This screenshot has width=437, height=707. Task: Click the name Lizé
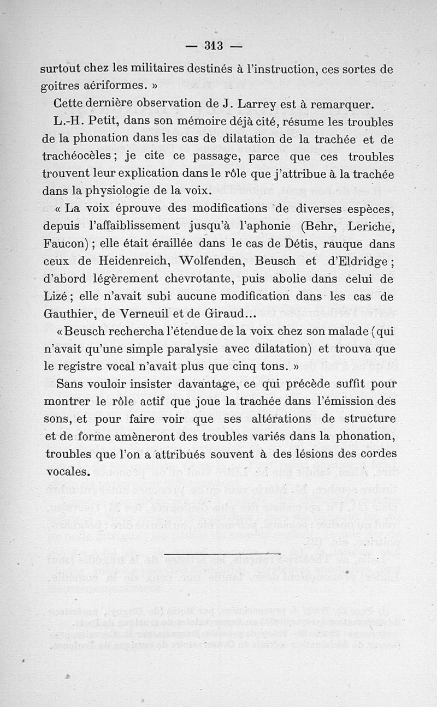(57, 297)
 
